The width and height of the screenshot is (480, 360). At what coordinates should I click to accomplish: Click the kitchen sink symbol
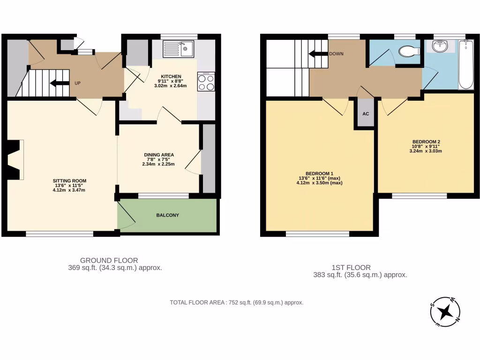[x=179, y=49]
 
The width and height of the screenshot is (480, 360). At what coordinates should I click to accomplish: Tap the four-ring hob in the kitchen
[x=206, y=82]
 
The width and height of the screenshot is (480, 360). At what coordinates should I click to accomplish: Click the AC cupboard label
[x=366, y=114]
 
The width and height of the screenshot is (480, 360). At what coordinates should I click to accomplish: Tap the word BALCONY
[x=167, y=215]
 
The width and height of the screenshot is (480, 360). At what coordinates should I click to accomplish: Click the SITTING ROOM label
[x=69, y=180]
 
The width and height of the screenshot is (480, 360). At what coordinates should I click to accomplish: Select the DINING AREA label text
[x=159, y=155]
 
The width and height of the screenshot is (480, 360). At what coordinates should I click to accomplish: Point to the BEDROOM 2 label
[x=426, y=142]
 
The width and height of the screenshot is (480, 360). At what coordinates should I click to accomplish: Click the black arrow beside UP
[x=59, y=83]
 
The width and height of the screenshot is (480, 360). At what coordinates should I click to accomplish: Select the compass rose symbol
[x=445, y=311]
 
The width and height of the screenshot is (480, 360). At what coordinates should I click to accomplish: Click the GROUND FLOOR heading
[x=109, y=260]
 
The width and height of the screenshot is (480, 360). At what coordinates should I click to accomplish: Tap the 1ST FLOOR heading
[x=360, y=268]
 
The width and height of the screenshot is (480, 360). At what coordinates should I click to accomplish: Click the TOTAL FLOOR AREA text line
[x=237, y=302]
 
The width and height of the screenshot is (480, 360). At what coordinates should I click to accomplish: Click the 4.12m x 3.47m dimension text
[x=69, y=190]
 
